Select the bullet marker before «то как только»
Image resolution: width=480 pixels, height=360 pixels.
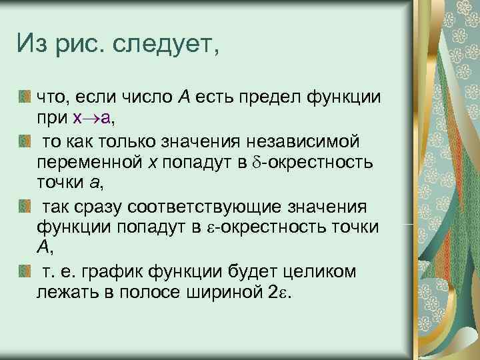coord(25,141)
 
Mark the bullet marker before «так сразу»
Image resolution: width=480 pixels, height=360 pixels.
coord(25,207)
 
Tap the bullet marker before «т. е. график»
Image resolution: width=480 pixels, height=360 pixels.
coord(25,271)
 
